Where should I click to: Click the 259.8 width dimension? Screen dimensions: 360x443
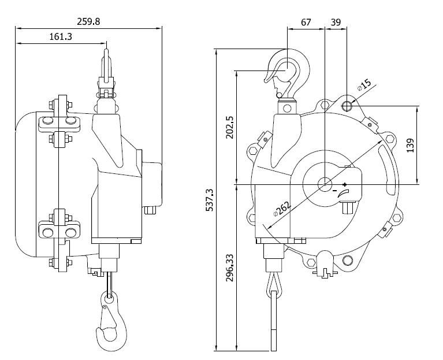pos(88,21)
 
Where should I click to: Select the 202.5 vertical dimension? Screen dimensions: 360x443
pos(229,127)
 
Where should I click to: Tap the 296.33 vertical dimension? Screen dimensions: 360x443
pos(229,268)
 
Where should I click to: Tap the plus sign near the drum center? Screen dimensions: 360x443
pos(345,184)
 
